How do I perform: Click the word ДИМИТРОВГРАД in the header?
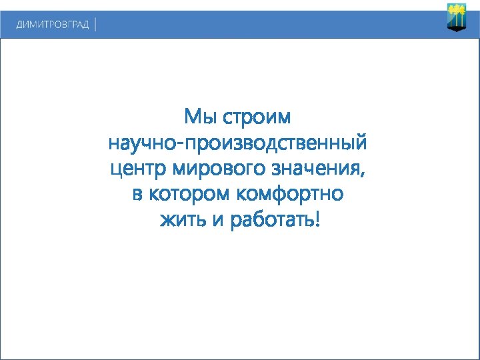53,25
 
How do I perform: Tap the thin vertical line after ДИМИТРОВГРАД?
96,25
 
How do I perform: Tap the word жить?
181,219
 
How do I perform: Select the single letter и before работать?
217,221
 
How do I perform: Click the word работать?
271,219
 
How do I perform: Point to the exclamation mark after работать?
317,218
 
